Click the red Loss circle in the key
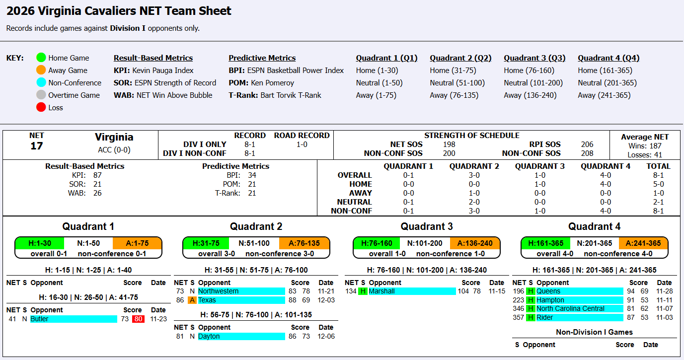click(x=41, y=107)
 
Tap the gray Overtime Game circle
click(x=41, y=95)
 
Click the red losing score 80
click(x=138, y=319)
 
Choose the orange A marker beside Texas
click(x=192, y=300)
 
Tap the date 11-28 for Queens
click(x=665, y=291)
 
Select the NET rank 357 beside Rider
click(x=518, y=318)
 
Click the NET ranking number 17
click(x=37, y=146)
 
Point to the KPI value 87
click(x=97, y=175)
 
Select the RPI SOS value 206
click(x=587, y=144)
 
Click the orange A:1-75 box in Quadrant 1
click(x=137, y=243)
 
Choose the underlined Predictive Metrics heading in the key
click(x=262, y=58)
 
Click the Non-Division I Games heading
click(x=594, y=332)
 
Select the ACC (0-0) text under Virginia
click(x=114, y=149)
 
